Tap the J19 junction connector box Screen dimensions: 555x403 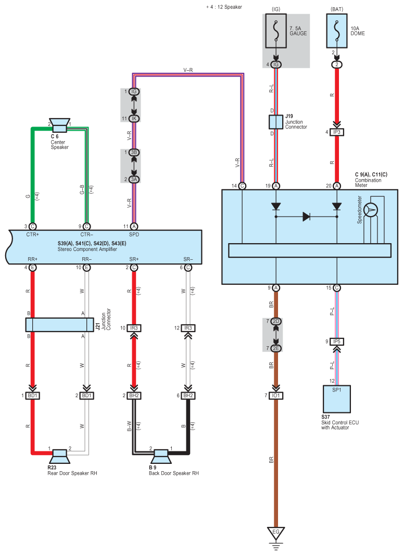(276, 122)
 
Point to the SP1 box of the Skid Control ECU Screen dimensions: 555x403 (337, 398)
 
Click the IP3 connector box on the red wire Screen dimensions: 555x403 (337, 132)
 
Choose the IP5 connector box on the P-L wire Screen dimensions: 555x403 (337, 342)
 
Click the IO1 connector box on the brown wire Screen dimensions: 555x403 (276, 396)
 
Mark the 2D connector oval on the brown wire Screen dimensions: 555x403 (276, 322)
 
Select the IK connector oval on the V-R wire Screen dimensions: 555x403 (134, 119)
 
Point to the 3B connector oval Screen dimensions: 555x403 (134, 152)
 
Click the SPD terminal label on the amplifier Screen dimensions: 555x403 (134, 235)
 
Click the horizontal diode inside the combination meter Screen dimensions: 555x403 (307, 217)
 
